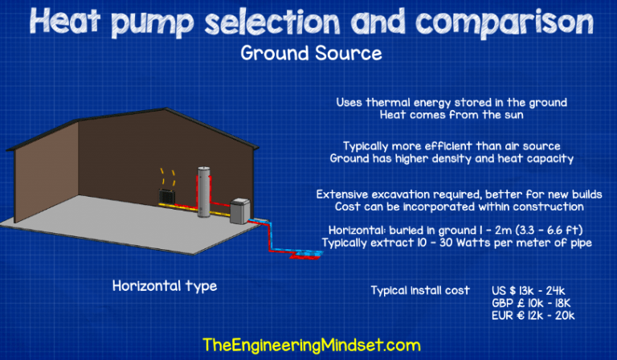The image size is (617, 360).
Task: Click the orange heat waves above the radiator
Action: pos(169,174)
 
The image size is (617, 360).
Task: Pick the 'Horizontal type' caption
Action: pos(164,286)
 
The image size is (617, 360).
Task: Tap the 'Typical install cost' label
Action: pos(420,290)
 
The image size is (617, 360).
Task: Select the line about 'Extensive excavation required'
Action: pos(449,194)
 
